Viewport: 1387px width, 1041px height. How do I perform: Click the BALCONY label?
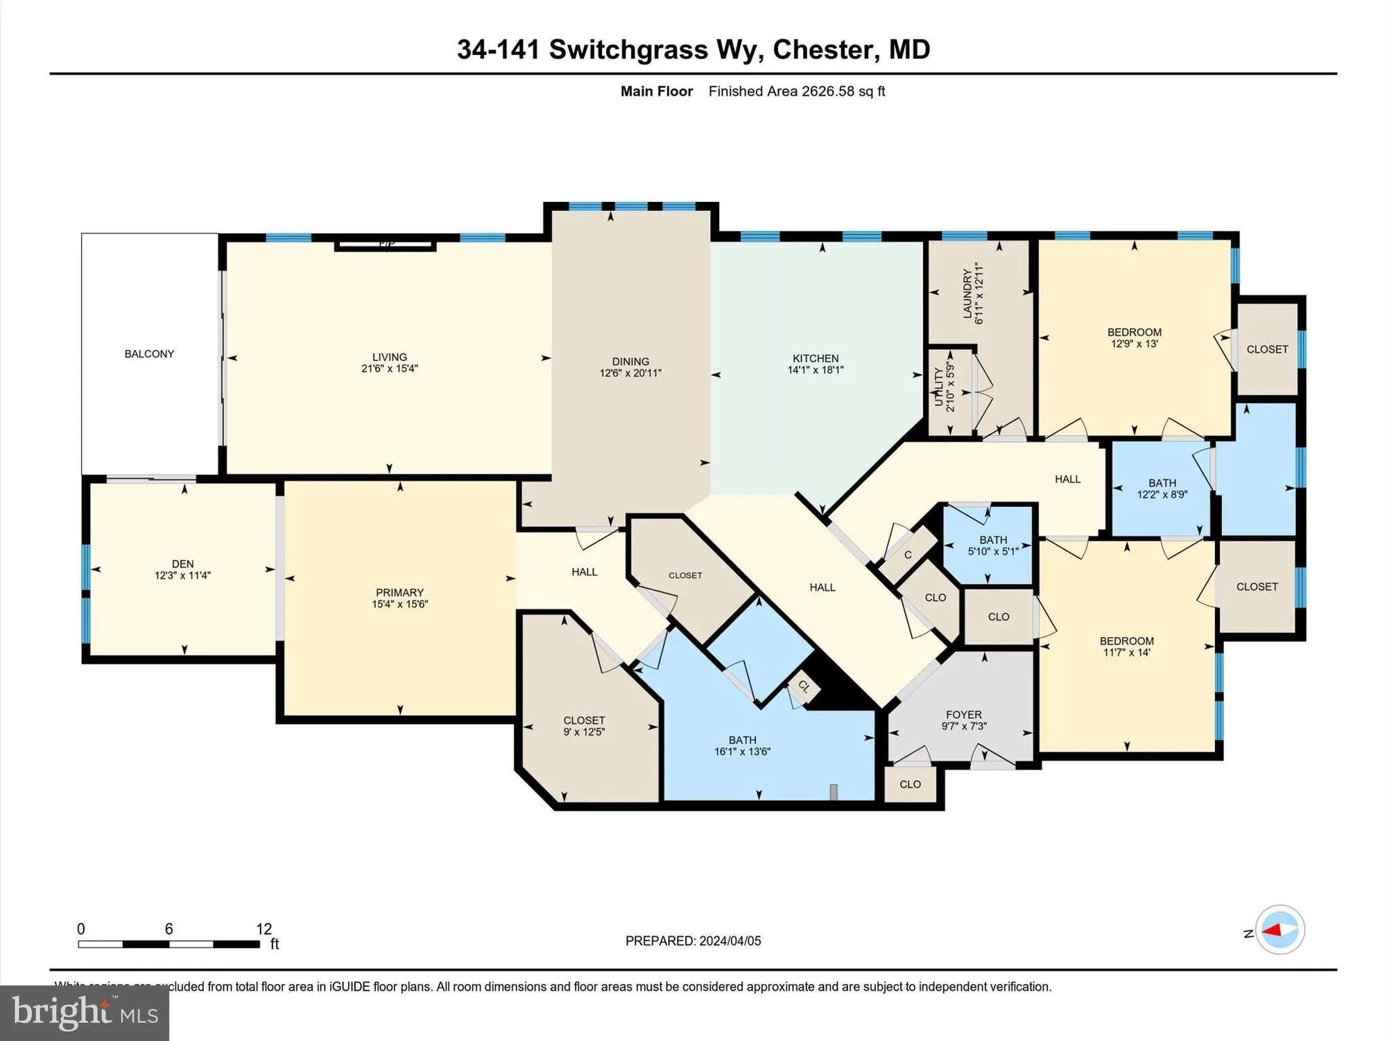(149, 354)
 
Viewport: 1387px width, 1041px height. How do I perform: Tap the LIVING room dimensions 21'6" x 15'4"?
(389, 369)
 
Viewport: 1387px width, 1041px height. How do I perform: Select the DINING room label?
(630, 362)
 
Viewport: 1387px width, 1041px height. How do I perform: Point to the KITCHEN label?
(816, 358)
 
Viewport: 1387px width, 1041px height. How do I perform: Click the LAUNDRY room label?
(967, 294)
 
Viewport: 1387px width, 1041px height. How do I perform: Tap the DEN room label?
(182, 564)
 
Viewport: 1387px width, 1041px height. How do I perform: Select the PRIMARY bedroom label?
(399, 592)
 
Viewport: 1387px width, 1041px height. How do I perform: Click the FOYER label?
(963, 715)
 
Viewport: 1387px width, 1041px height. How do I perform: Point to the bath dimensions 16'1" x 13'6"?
(742, 752)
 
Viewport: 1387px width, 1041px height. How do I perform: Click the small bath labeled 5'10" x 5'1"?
(993, 545)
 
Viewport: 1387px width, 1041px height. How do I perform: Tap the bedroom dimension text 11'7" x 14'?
(1126, 652)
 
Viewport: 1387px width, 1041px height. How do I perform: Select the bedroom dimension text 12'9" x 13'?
(1134, 344)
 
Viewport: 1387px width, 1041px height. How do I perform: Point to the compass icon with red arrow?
(1280, 930)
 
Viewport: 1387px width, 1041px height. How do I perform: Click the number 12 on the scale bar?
(264, 929)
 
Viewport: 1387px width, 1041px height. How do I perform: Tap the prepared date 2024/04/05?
(730, 941)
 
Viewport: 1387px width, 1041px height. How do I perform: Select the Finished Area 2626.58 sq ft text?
(796, 91)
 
